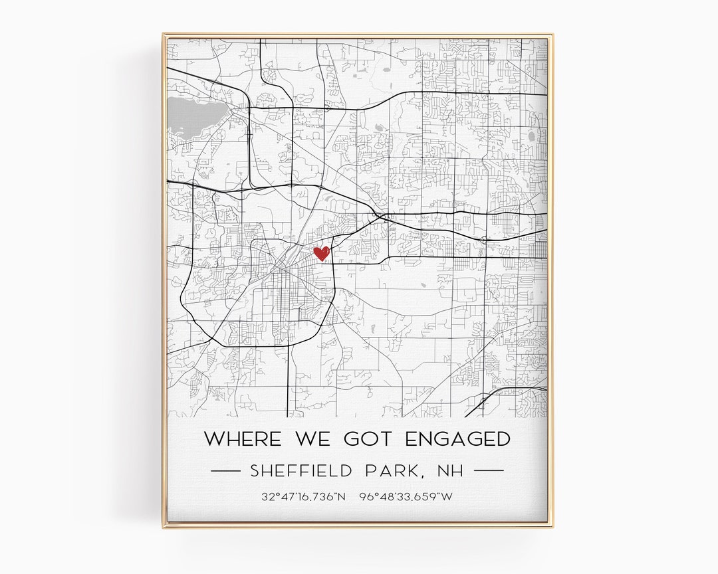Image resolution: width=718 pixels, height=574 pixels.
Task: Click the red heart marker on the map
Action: click(322, 253)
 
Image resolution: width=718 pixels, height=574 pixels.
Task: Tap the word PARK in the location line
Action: click(393, 471)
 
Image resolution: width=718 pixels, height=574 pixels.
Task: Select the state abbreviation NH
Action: click(450, 471)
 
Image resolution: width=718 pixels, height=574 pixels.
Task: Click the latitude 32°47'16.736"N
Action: click(304, 496)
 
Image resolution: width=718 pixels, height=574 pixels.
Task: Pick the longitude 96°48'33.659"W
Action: click(406, 496)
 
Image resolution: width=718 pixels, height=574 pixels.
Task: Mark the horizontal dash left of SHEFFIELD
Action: click(225, 470)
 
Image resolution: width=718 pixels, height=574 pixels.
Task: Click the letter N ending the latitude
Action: click(342, 496)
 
